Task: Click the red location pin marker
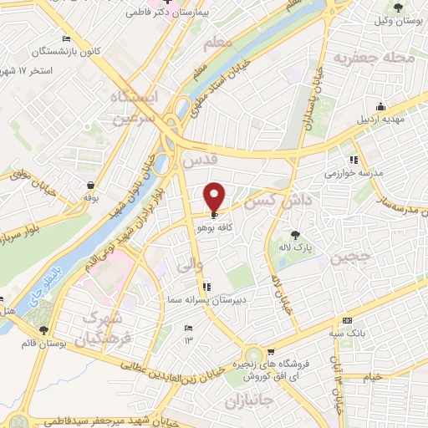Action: [215, 196]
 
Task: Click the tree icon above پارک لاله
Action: [294, 235]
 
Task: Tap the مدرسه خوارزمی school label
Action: [354, 173]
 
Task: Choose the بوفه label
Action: [90, 198]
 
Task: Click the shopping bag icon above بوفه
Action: [89, 185]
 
